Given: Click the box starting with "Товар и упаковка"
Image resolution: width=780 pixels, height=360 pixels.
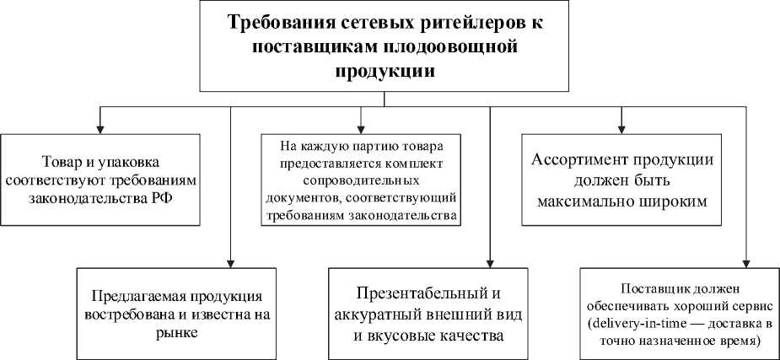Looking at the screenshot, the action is [100, 179].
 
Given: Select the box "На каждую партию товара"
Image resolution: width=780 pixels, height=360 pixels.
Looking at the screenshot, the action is [361, 179].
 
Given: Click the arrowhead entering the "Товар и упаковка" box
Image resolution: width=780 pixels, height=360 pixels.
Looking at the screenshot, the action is [100, 127].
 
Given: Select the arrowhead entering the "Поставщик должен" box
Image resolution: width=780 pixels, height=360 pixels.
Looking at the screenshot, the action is [745, 264].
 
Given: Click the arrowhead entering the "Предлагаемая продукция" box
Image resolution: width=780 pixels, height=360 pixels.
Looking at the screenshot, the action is [230, 264].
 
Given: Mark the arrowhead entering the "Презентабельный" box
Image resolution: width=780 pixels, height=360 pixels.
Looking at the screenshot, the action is [490, 264].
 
